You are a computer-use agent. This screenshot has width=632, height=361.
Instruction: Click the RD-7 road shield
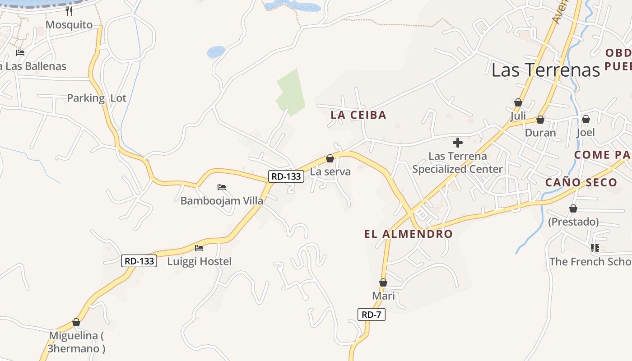pyautogui.click(x=372, y=315)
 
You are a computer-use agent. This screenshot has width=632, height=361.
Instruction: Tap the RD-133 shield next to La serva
pyautogui.click(x=286, y=176)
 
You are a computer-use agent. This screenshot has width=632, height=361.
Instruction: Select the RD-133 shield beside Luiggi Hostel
pyautogui.click(x=139, y=261)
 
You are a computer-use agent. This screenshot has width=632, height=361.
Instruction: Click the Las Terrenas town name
pyautogui.click(x=545, y=70)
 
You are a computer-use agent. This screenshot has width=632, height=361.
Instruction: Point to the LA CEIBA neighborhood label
pyautogui.click(x=358, y=115)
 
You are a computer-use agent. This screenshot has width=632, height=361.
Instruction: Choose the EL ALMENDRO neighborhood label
pyautogui.click(x=408, y=234)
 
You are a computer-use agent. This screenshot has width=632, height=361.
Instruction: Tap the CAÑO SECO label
pyautogui.click(x=581, y=183)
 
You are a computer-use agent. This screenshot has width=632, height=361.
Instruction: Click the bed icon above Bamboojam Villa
pyautogui.click(x=222, y=187)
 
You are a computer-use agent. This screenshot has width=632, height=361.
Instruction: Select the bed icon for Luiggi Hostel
pyautogui.click(x=199, y=248)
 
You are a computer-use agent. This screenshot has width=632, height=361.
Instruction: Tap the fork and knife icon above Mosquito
pyautogui.click(x=69, y=11)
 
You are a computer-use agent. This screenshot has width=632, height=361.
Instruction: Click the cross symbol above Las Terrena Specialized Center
pyautogui.click(x=458, y=143)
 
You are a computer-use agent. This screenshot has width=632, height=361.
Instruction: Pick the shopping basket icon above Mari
pyautogui.click(x=383, y=283)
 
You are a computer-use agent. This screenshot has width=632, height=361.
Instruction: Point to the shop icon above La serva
pyautogui.click(x=330, y=158)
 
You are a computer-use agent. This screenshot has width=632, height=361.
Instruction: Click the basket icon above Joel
pyautogui.click(x=586, y=120)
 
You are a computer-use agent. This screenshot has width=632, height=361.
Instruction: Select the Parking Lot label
pyautogui.click(x=97, y=98)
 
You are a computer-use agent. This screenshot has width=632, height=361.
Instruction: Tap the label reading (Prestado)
pyautogui.click(x=573, y=222)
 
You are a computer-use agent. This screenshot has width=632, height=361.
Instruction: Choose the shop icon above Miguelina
pyautogui.click(x=76, y=323)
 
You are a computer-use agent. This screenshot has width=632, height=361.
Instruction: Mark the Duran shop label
pyautogui.click(x=540, y=133)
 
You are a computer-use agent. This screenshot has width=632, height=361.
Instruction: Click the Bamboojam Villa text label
pyautogui.click(x=222, y=201)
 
